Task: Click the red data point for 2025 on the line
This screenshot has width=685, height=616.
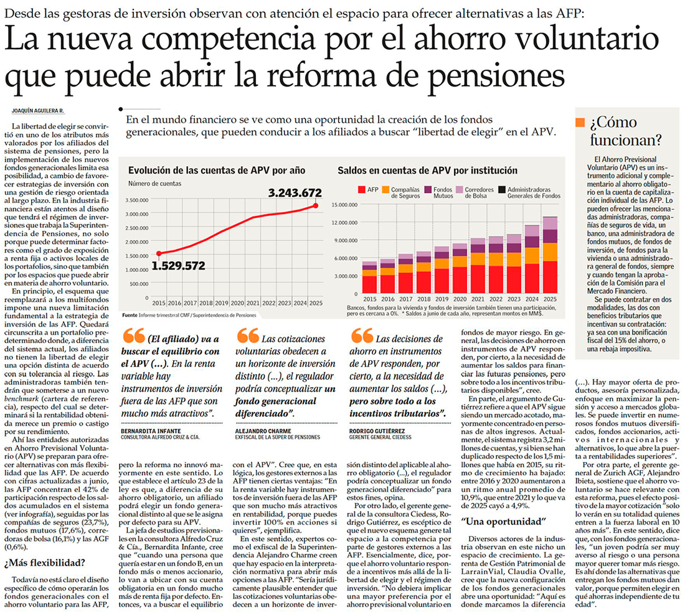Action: [x=316, y=205]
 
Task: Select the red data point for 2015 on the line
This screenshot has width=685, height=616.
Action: [x=158, y=253]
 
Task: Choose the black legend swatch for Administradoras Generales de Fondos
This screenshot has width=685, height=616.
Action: [x=503, y=189]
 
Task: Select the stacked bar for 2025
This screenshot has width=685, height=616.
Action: [x=550, y=255]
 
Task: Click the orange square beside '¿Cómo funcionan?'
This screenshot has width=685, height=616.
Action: [x=580, y=122]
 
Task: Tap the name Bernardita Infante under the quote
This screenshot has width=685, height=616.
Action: [x=147, y=431]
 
